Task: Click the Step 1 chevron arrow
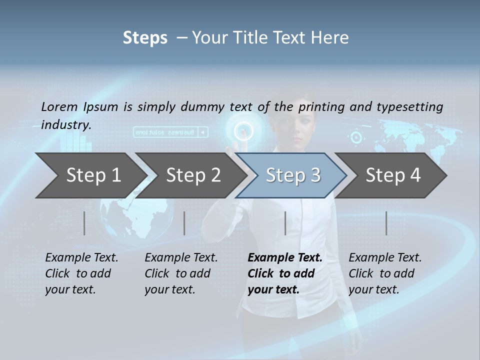pos(90,175)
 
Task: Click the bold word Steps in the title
pos(145,38)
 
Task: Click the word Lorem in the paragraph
pos(59,106)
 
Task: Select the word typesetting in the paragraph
pos(409,107)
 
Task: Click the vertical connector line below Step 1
pos(84,223)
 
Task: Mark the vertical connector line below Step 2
pos(184,223)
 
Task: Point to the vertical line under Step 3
pos(285,223)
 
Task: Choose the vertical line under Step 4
pos(386,223)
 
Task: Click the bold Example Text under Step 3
pos(285,258)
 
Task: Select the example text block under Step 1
pos(81,273)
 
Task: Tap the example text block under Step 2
pos(181,273)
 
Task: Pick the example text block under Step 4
pos(385,273)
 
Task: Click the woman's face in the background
pos(297,127)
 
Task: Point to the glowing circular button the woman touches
pos(243,131)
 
